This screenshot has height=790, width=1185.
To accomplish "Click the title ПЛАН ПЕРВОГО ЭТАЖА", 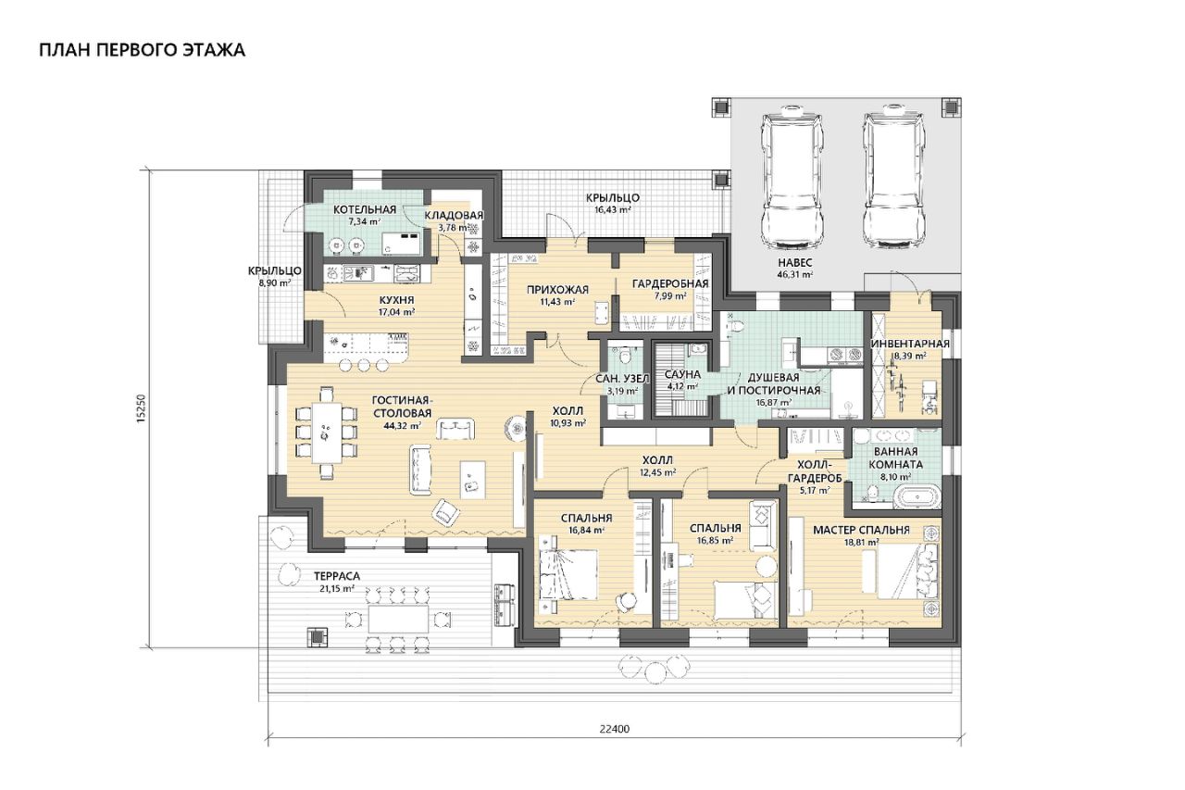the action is point(142,50).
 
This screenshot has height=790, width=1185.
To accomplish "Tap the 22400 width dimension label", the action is point(614,729).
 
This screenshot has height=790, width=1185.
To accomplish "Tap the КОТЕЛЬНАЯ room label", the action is point(365,210).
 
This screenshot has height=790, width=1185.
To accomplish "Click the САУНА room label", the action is point(682,375).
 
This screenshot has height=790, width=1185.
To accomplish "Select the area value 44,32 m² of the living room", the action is point(403,425).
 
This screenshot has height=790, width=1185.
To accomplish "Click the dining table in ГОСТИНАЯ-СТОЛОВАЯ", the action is point(326,433).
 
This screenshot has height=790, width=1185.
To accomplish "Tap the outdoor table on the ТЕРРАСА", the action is point(398,619).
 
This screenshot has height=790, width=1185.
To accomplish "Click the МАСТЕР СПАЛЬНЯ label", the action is point(861,530).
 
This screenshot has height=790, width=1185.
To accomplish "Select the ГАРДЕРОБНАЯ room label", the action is point(670,284).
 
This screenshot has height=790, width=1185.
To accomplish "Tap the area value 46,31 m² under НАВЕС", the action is point(794,275).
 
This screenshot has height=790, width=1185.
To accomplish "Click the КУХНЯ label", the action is point(396,299).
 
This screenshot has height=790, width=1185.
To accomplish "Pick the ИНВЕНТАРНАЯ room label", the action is point(910,344).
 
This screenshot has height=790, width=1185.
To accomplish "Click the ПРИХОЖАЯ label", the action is point(557,290).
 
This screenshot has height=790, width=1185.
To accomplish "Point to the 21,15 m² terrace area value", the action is point(334,588).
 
